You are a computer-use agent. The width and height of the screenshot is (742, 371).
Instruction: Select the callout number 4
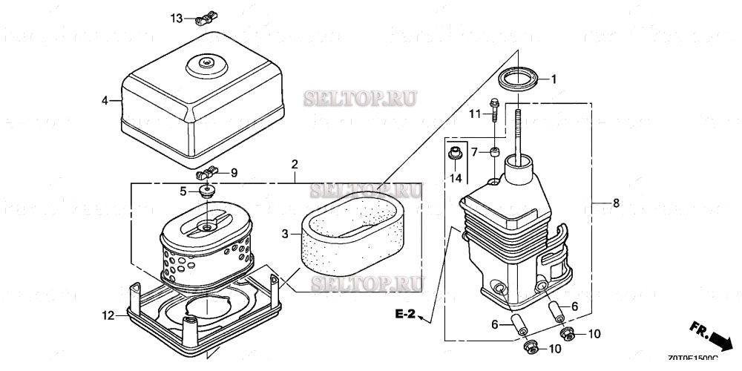point(105,99)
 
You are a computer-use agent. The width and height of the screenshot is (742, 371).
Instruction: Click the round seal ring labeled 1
point(517,79)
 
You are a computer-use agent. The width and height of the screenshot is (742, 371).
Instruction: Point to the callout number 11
point(476,113)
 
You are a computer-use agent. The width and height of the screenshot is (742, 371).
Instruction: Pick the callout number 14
point(456,178)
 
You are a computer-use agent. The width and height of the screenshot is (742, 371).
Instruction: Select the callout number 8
point(615,202)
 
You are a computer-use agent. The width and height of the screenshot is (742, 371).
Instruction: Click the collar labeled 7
point(493,153)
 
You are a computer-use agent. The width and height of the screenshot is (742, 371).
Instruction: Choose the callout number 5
point(183,191)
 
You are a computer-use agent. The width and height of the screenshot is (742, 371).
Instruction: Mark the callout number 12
point(108,315)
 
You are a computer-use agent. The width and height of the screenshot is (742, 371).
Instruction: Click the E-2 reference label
point(405,315)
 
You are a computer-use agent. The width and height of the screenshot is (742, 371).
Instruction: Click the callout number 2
point(295,163)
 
